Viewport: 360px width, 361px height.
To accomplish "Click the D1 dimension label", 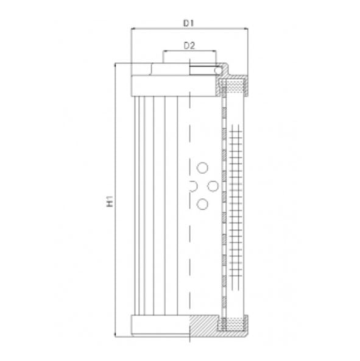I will (188, 23).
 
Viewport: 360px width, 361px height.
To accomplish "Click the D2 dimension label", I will (189, 46).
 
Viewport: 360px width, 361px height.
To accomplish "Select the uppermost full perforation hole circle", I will (203, 167).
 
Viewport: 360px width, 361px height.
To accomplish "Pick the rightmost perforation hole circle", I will (214, 186).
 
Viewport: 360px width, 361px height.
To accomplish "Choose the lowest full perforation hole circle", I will (203, 204).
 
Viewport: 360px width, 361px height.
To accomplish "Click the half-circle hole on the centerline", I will (193, 186).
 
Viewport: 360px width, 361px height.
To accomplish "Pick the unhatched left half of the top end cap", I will (161, 84).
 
